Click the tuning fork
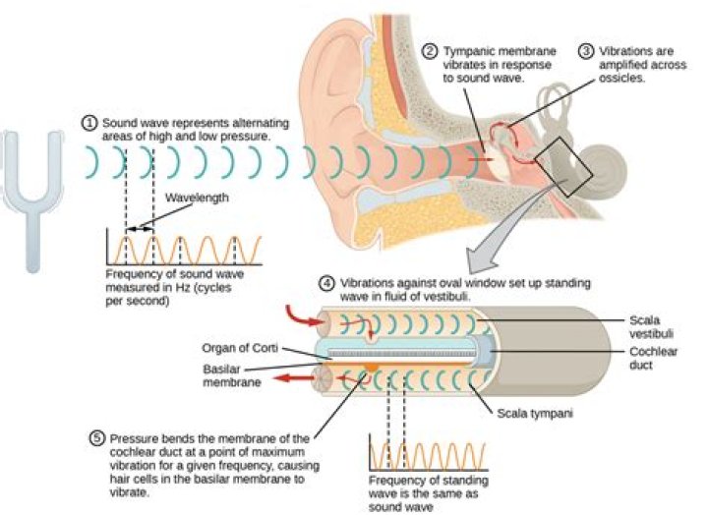[x=32, y=197]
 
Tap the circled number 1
[x=89, y=123]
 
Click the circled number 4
[x=327, y=284]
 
